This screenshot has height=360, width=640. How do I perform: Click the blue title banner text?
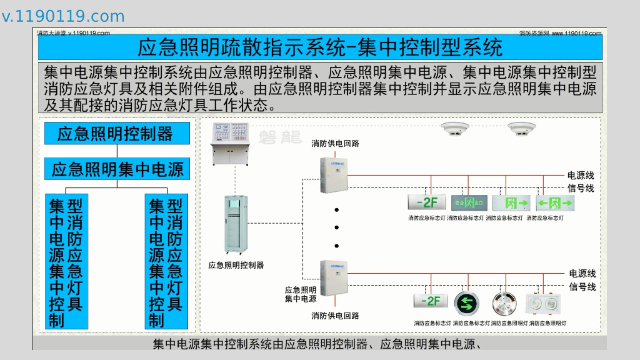point(319,47)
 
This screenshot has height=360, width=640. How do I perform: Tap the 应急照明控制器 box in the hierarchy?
point(117,134)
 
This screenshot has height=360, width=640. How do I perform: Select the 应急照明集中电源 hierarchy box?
point(117,169)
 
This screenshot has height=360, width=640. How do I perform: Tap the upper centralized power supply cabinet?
point(332,174)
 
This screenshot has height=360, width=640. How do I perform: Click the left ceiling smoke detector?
point(455,129)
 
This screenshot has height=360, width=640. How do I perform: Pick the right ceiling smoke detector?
point(521,129)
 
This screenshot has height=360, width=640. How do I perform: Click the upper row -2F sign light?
point(426,203)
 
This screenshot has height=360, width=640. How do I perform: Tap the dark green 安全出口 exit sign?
point(469,203)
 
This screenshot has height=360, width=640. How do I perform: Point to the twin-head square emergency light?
point(542,304)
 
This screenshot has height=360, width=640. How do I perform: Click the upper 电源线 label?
point(581,176)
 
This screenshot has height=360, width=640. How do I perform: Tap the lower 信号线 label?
point(582,287)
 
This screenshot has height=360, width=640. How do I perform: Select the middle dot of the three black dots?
point(336,227)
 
